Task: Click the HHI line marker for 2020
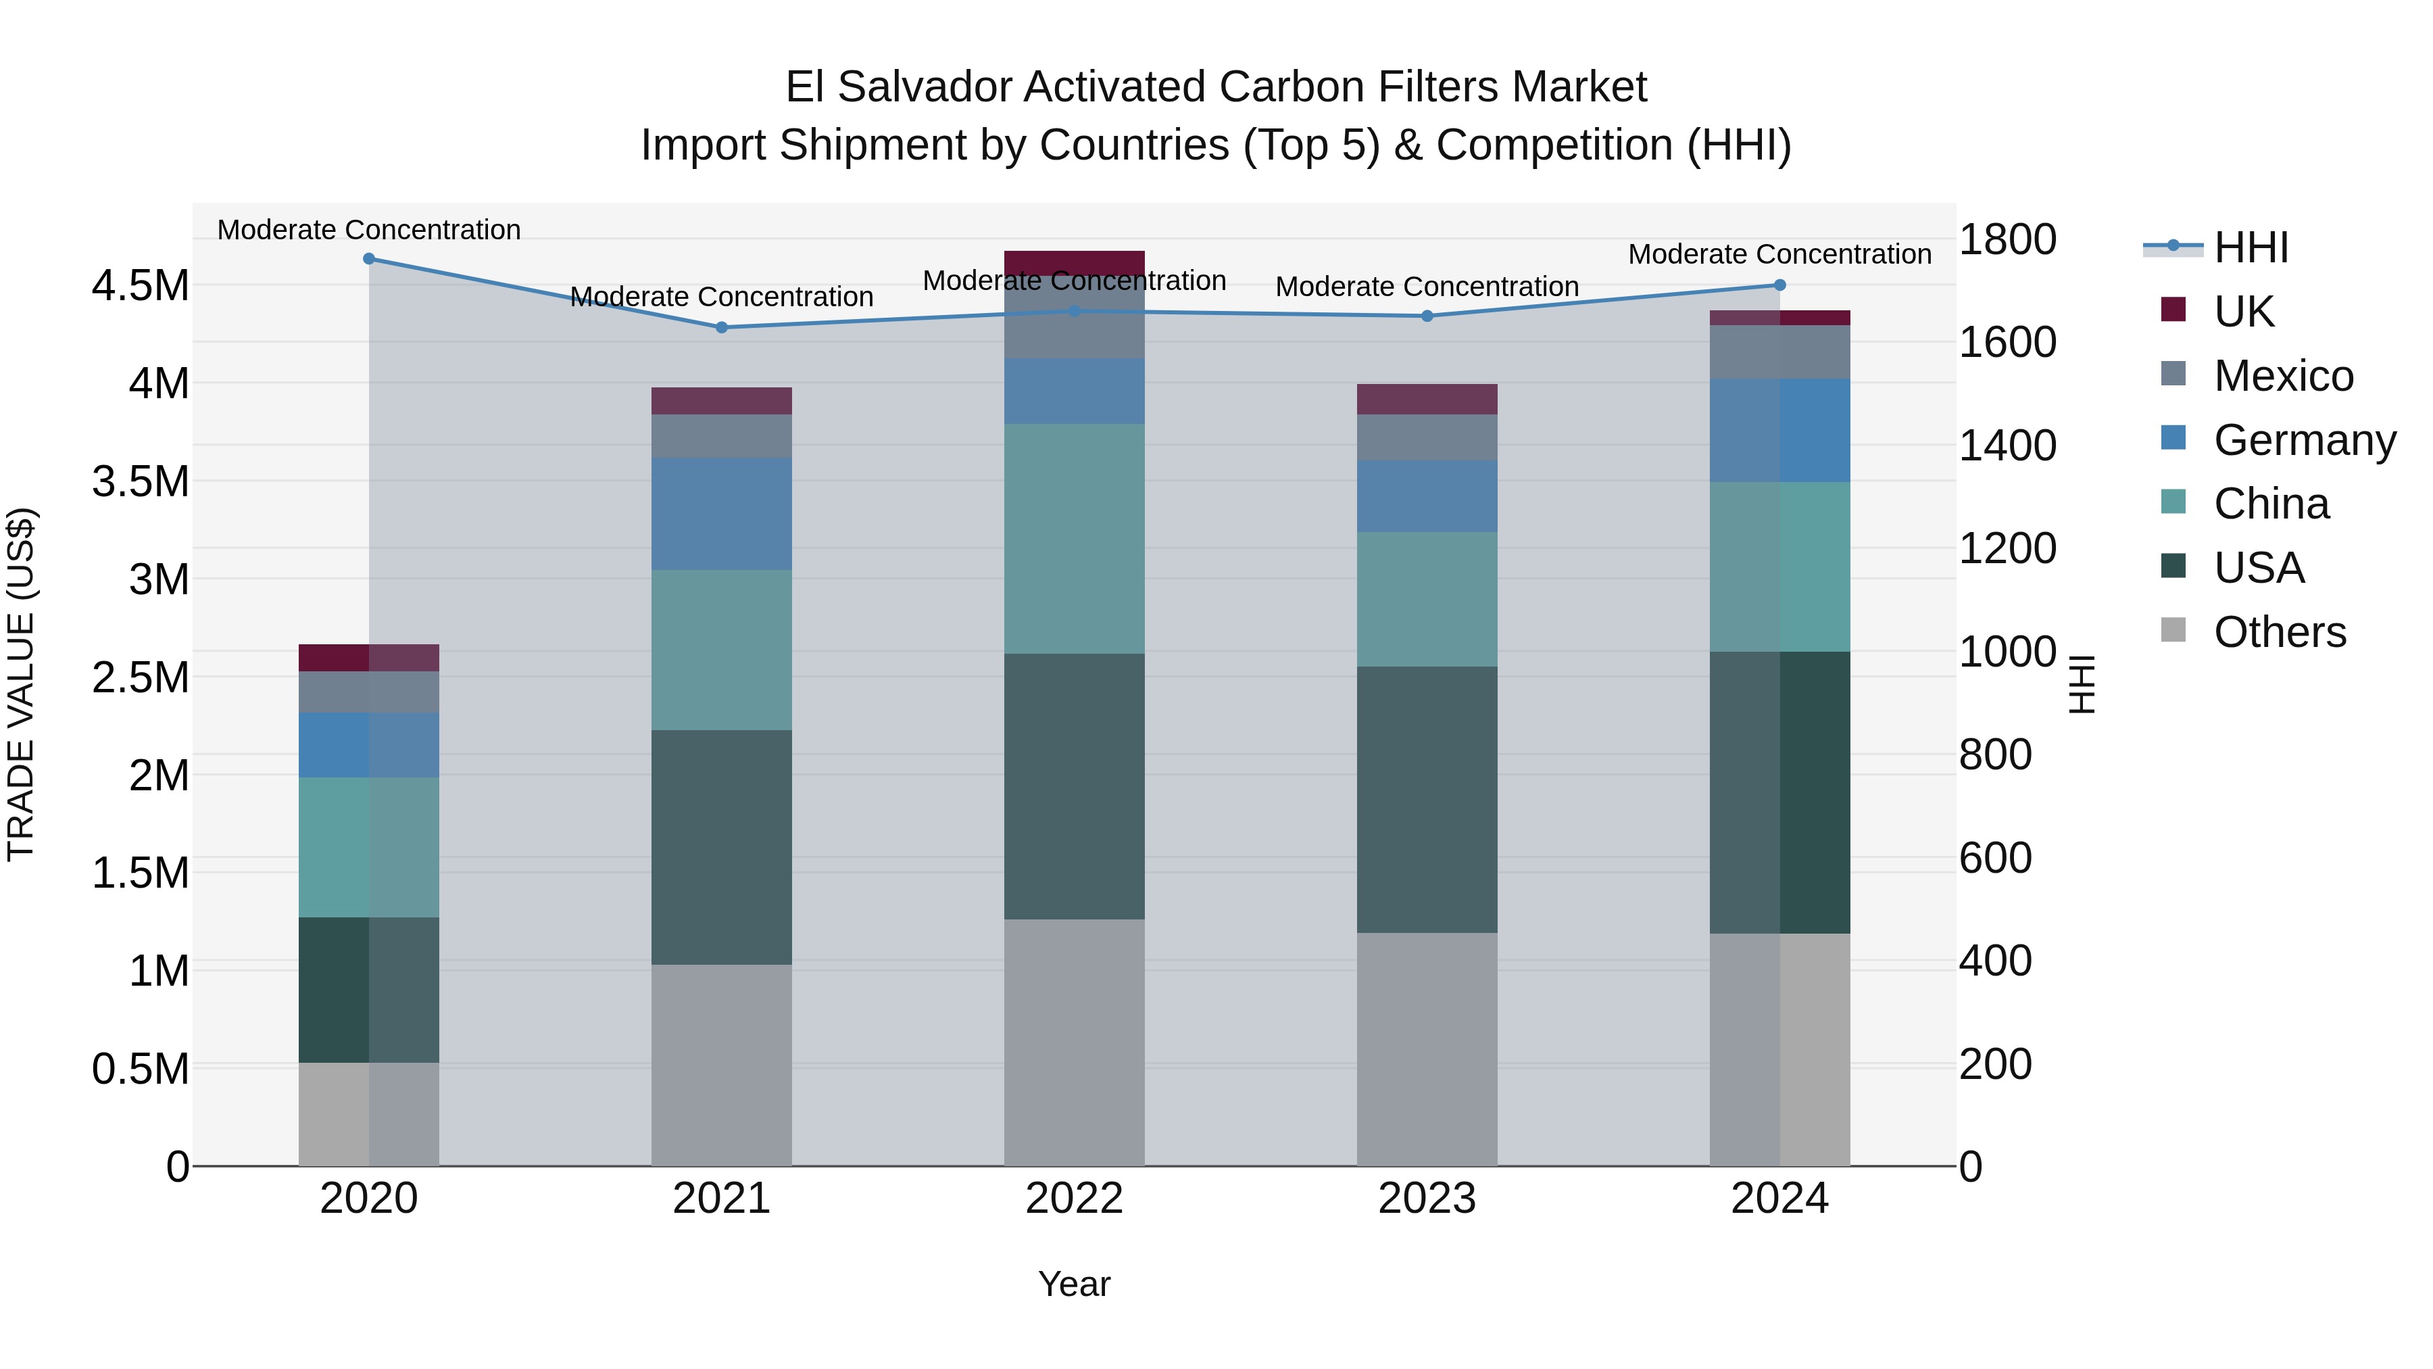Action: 369,259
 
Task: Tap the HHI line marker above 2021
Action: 722,328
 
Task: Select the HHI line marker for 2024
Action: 1779,285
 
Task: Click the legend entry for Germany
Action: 2304,440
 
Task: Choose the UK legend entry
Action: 2243,312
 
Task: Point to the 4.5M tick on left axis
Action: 140,285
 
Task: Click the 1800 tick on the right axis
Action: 2007,239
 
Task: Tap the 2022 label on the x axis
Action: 1074,1199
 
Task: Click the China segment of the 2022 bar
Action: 1074,539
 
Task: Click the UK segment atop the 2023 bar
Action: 1427,400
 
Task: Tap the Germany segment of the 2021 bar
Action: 722,514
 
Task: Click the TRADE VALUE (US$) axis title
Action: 22,684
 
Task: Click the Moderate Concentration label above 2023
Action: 1427,286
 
